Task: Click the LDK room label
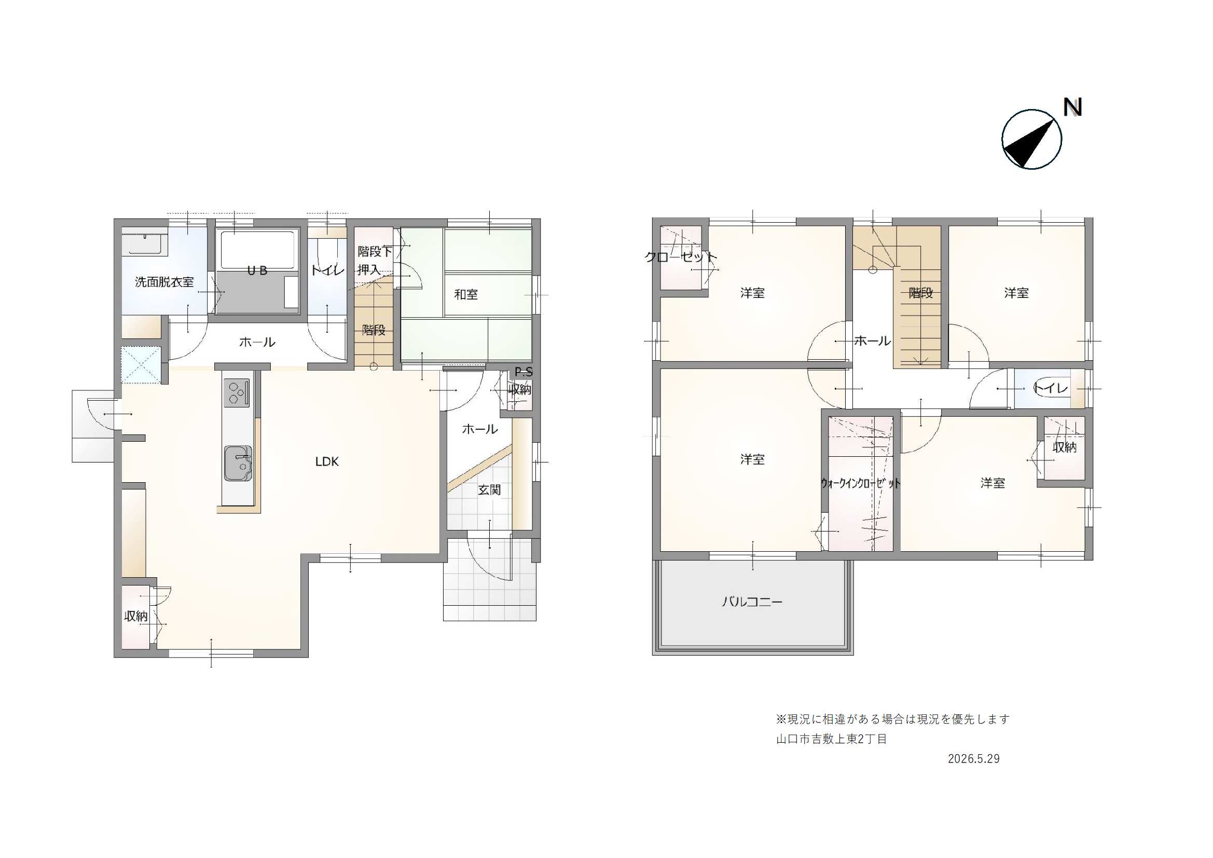coord(326,461)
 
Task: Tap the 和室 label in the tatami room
coord(466,294)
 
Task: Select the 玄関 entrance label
coord(489,489)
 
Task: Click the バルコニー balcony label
coord(752,602)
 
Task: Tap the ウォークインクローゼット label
coord(860,483)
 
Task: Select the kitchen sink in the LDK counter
coord(238,464)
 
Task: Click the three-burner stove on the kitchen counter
coord(236,393)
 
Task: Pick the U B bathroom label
coord(257,270)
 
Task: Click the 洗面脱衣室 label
coord(164,282)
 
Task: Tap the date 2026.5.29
coord(973,759)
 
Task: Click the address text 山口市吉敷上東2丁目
coord(831,739)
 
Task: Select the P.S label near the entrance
coord(523,372)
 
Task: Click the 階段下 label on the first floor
coord(375,252)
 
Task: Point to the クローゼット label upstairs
coord(681,257)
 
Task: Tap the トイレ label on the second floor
coord(1050,388)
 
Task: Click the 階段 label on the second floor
coord(920,293)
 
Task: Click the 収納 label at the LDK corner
coord(136,616)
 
